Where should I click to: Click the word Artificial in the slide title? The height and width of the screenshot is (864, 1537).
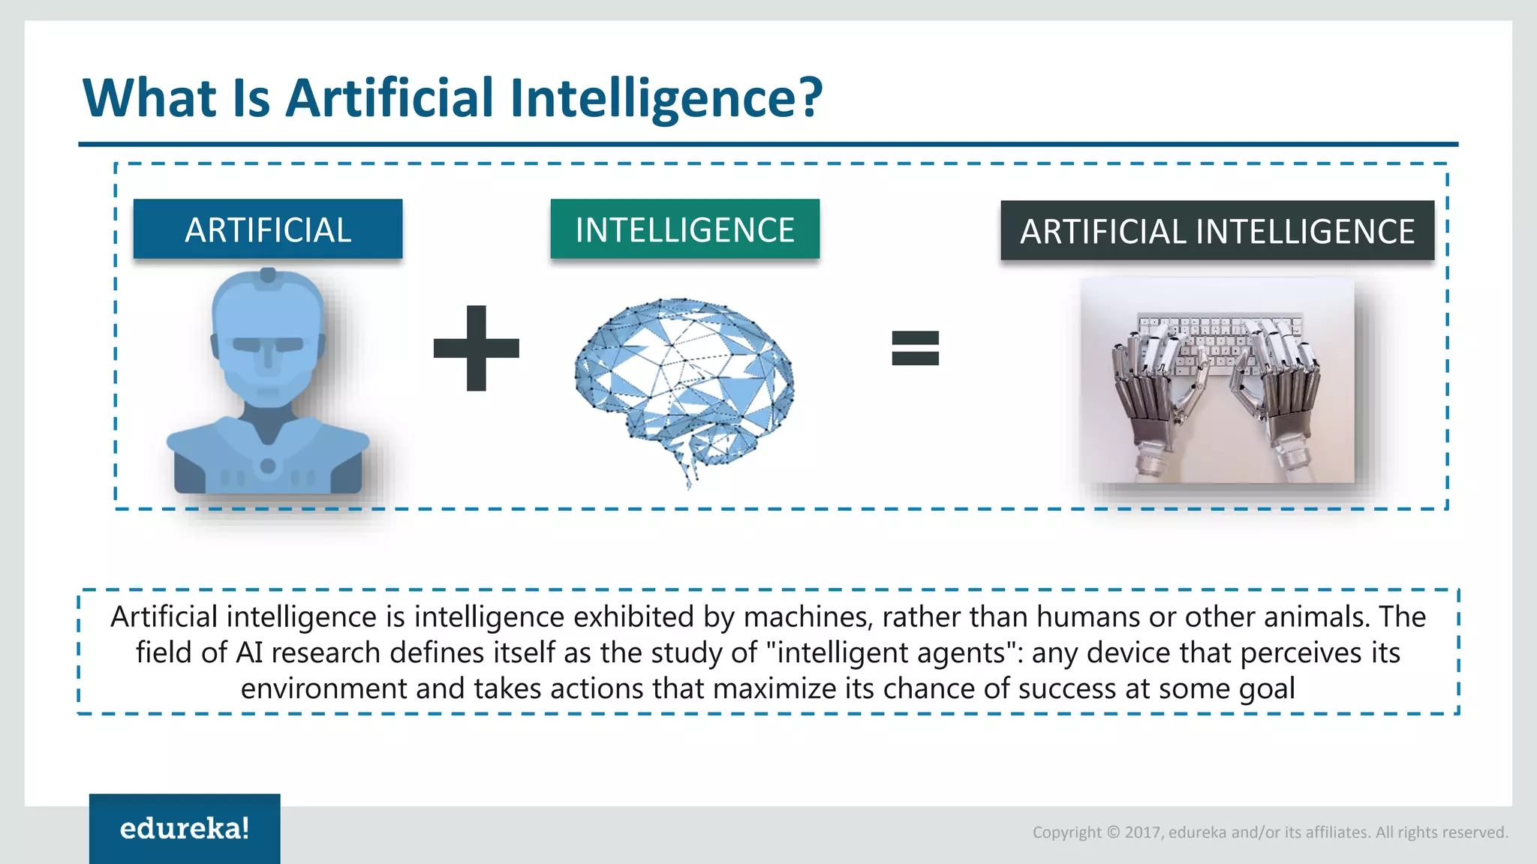tap(390, 98)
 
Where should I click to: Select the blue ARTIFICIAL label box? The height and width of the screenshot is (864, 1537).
tap(268, 229)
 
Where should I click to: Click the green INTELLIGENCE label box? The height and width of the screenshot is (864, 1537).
tap(684, 229)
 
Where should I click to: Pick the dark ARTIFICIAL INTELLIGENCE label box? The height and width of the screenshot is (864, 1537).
tap(1217, 231)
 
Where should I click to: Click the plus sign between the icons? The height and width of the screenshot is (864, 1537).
tap(476, 348)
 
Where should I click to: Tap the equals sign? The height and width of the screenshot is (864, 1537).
tap(915, 348)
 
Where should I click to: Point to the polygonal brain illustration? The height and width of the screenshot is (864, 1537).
tap(683, 382)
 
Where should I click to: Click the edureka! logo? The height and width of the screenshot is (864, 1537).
tap(185, 829)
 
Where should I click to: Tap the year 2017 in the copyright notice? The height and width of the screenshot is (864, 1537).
tap(1142, 832)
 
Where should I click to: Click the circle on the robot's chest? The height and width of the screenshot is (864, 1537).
tap(268, 466)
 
